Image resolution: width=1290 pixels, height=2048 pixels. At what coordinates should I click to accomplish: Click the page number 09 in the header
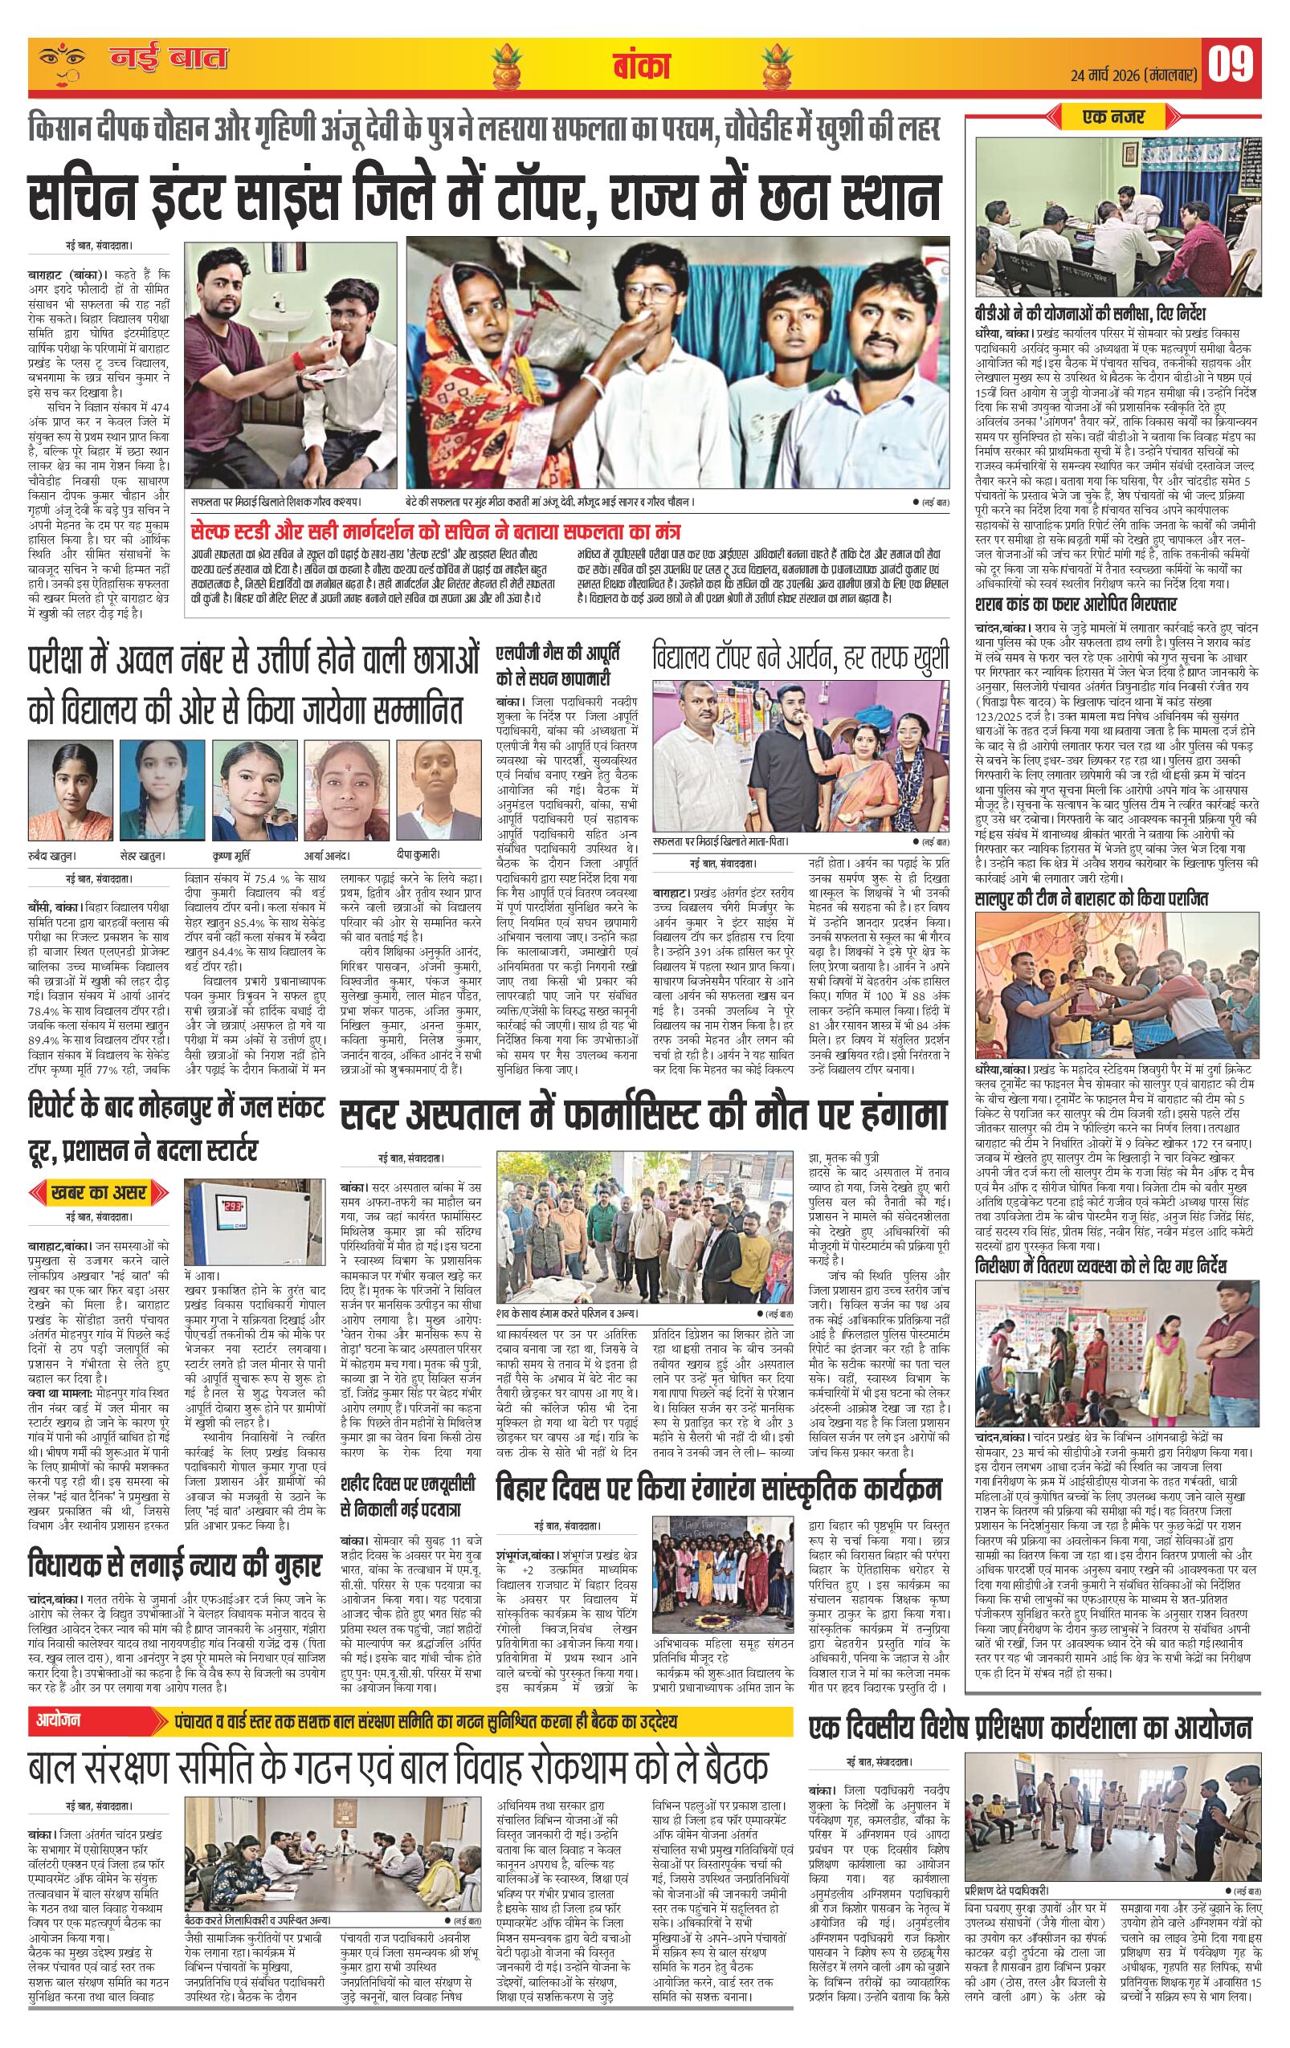(1233, 63)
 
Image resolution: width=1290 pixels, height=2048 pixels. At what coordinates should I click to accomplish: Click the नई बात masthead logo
(169, 59)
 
